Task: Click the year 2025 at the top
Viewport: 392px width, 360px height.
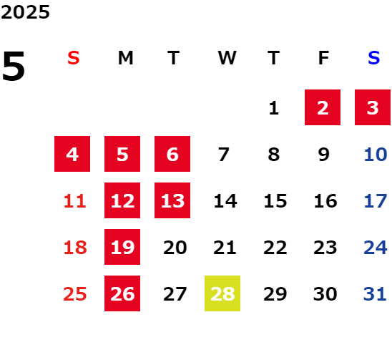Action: (25, 12)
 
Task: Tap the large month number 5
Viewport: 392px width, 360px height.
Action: (14, 66)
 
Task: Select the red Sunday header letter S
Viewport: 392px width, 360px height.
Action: (74, 58)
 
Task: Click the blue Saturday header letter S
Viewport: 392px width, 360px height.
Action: (373, 58)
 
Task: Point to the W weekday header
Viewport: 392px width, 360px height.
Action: (227, 58)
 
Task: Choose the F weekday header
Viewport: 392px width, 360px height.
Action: (324, 58)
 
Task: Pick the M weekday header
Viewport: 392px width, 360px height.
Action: (125, 58)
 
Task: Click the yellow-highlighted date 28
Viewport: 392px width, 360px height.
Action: (222, 293)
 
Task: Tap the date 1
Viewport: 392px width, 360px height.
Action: (274, 108)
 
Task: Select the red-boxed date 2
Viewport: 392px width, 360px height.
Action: (323, 107)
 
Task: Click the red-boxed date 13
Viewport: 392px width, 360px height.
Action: (172, 200)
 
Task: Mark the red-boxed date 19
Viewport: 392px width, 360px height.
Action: (122, 247)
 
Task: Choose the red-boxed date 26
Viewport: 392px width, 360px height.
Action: (122, 293)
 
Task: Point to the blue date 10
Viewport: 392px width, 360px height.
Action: (376, 154)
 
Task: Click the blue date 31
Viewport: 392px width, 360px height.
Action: (375, 293)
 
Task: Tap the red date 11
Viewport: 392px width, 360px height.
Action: (75, 200)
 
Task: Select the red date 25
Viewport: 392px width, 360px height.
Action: (75, 293)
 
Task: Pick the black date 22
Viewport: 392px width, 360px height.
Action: (275, 248)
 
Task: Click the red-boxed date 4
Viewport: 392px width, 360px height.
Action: (72, 154)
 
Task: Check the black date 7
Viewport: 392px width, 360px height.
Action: (224, 154)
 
